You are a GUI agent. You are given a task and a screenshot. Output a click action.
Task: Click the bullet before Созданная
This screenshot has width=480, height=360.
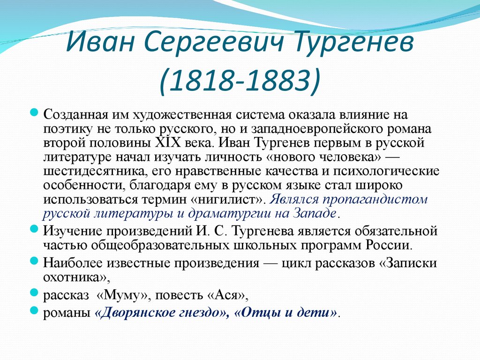click(x=33, y=112)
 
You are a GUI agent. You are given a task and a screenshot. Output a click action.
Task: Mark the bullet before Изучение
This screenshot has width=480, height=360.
click(x=33, y=229)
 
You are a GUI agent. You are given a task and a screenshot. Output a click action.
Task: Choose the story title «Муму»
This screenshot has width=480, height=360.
click(x=124, y=296)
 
